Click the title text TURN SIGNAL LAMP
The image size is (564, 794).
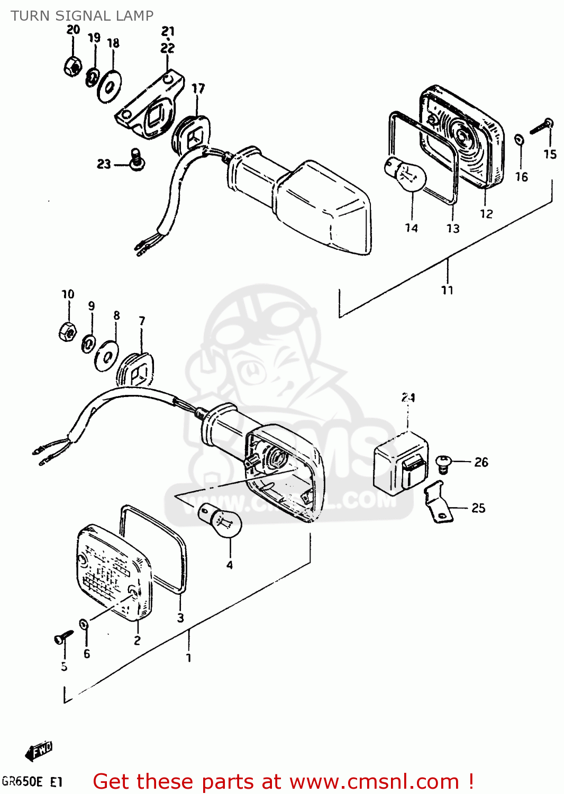pyautogui.click(x=82, y=16)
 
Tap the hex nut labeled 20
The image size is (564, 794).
pyautogui.click(x=72, y=66)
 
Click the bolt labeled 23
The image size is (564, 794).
pyautogui.click(x=137, y=159)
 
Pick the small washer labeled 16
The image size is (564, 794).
pyautogui.click(x=520, y=139)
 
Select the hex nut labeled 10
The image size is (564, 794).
pyautogui.click(x=67, y=331)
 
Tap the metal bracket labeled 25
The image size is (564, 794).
pyautogui.click(x=439, y=502)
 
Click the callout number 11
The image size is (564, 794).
pyautogui.click(x=447, y=290)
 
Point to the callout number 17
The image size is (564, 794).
pyautogui.click(x=198, y=88)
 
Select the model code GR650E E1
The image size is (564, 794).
pyautogui.click(x=32, y=782)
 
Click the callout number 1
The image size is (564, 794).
pyautogui.click(x=188, y=658)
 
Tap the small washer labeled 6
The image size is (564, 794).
pyautogui.click(x=84, y=624)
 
